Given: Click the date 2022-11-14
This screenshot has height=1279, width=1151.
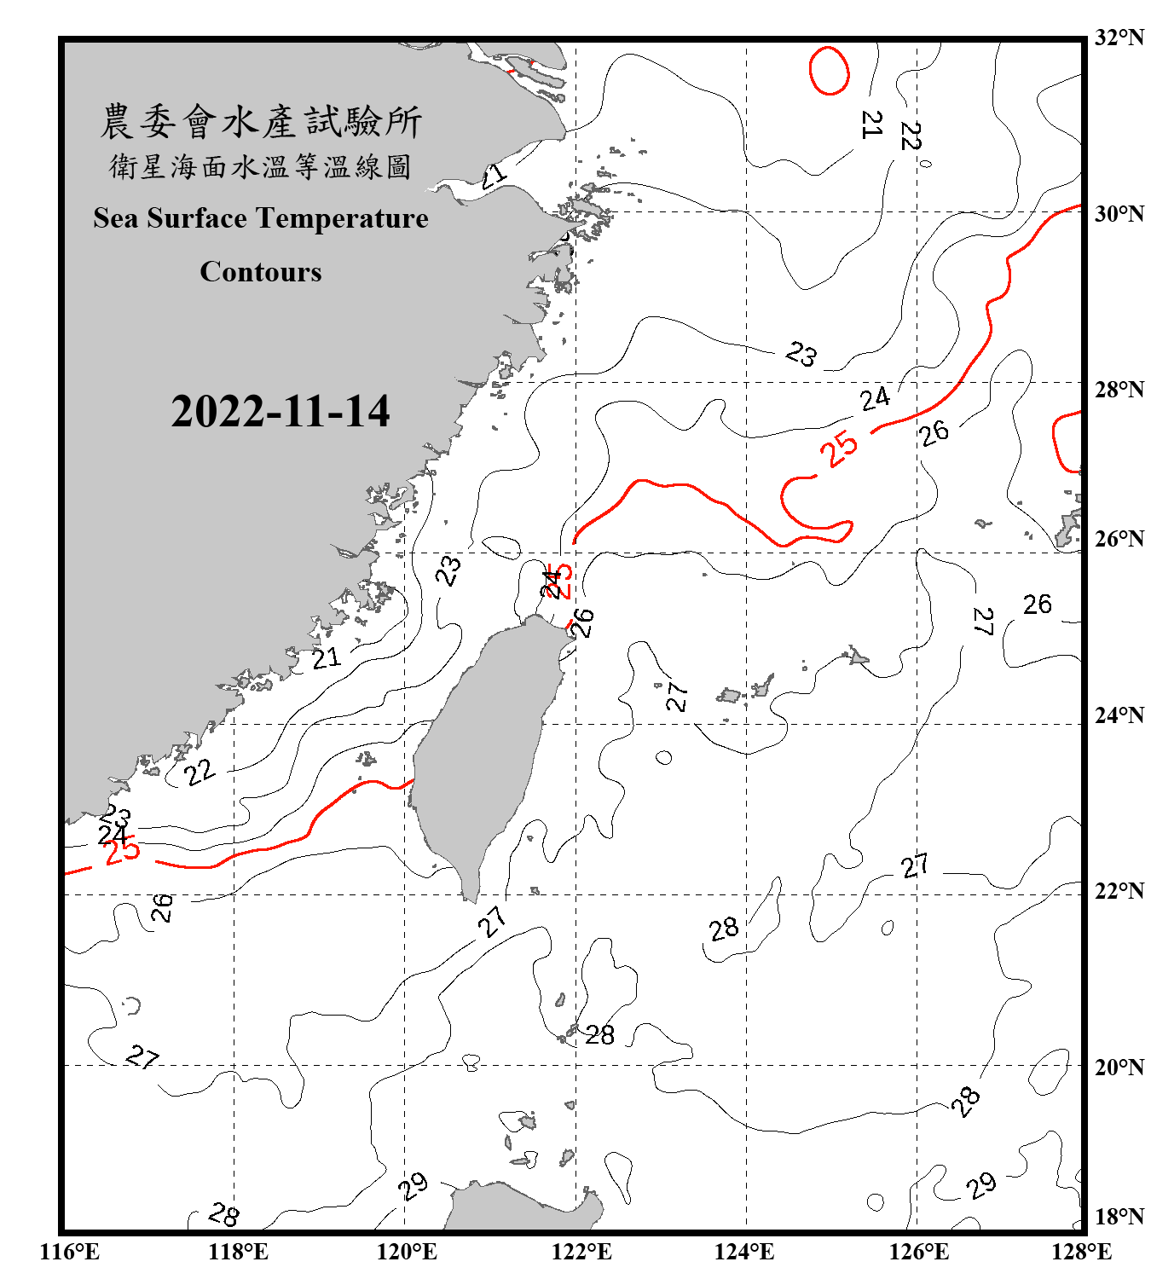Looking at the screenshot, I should point(280,412).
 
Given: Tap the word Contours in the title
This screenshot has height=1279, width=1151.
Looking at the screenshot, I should point(260,272).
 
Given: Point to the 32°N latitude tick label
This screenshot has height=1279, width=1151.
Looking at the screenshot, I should point(1119,38).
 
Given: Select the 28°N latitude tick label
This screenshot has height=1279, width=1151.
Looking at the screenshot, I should point(1119,390).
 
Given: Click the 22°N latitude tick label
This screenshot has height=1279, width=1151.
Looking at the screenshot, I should point(1119,891).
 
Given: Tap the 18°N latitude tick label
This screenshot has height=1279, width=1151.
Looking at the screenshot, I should point(1119,1217).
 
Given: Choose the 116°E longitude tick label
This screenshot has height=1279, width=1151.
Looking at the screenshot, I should point(70,1252).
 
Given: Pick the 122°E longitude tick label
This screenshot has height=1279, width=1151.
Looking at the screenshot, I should point(581,1252).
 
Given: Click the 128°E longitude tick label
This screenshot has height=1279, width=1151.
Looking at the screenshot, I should point(1081,1252).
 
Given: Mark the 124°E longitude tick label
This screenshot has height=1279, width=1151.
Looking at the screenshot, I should point(744,1252).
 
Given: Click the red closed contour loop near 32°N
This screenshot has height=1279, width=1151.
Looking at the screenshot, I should point(829,70).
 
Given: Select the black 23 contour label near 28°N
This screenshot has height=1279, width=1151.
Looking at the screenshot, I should point(801,353).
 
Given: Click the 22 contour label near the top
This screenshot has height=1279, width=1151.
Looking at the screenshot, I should point(911,136).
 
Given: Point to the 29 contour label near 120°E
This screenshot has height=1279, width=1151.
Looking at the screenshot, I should point(414,1185).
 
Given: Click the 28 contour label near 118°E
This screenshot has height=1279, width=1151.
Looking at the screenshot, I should point(223,1214).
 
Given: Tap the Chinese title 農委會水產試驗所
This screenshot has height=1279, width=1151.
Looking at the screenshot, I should point(260,122).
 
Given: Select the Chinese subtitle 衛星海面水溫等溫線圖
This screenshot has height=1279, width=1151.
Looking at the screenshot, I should point(260,166).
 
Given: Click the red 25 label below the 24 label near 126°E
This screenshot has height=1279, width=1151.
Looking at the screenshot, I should point(840,449).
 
